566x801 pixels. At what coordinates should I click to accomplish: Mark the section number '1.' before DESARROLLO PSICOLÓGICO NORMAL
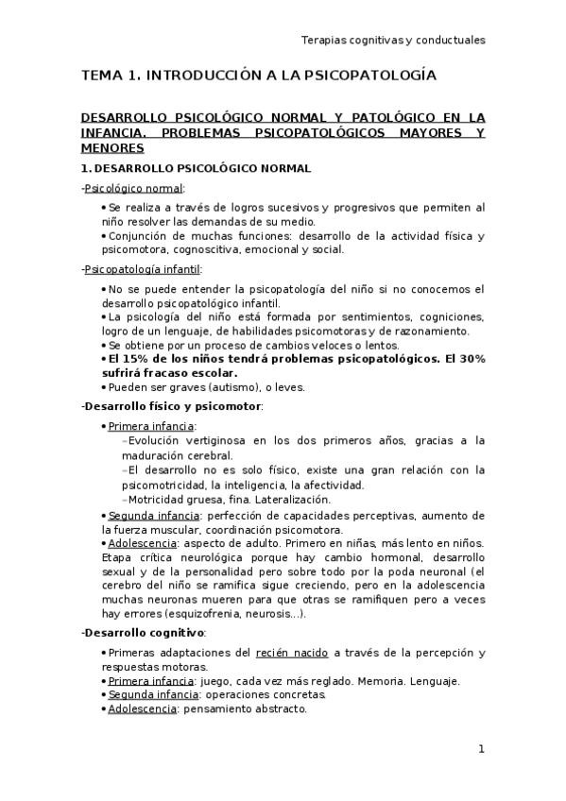coord(86,168)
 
